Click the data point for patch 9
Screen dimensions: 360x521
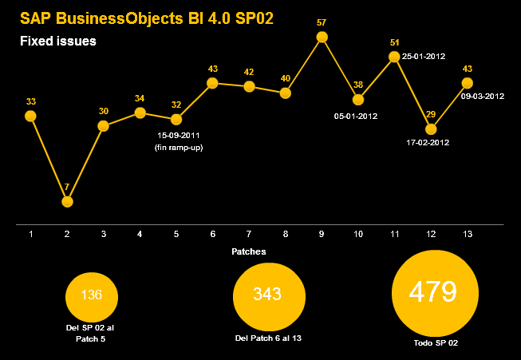[322, 37]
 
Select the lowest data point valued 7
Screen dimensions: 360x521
[67, 201]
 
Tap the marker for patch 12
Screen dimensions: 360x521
[431, 129]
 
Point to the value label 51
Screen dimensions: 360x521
[394, 42]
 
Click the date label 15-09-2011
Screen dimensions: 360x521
[178, 136]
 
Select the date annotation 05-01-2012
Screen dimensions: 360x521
[356, 116]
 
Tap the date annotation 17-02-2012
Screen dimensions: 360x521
[428, 143]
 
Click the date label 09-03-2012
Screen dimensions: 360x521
[483, 97]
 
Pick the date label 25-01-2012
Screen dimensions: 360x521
[424, 57]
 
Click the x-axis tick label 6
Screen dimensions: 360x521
[212, 234]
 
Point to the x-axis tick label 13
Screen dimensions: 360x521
[467, 234]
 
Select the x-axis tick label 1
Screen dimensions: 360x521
[30, 234]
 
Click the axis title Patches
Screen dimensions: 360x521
[248, 251]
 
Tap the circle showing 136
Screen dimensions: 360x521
[92, 295]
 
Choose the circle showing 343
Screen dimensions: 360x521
[267, 295]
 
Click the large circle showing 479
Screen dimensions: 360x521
[432, 293]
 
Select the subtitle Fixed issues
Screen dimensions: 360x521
[58, 41]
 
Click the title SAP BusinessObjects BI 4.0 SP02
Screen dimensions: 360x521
[146, 18]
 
